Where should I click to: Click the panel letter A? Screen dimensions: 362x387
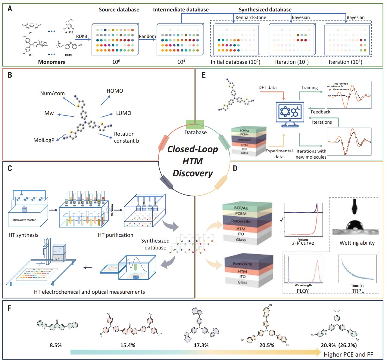(10, 9)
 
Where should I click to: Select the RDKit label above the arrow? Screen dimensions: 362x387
(82, 36)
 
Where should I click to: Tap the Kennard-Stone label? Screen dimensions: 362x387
(251, 17)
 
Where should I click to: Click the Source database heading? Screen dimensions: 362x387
(119, 10)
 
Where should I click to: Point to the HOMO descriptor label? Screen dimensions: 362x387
(115, 91)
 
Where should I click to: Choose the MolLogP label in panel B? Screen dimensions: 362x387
(44, 140)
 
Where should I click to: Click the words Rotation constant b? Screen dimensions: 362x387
(126, 137)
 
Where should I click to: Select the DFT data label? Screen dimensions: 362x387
(267, 88)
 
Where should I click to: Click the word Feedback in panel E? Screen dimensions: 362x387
(320, 112)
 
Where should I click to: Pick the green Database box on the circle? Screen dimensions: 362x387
(195, 125)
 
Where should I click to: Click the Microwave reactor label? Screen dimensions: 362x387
(24, 220)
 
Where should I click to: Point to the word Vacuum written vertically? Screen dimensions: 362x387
(112, 210)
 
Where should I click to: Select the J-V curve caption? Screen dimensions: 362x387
(303, 243)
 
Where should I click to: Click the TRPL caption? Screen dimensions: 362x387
(358, 291)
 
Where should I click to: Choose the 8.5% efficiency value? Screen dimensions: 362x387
(56, 345)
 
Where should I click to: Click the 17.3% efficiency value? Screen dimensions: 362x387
(201, 345)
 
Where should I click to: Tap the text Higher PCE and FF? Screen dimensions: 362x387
(348, 354)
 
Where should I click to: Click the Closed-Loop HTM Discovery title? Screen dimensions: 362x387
(193, 161)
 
